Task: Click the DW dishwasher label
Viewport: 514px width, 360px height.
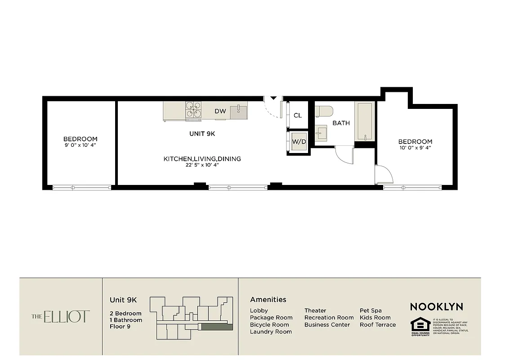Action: tap(220, 111)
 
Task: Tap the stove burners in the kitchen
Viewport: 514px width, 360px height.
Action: tap(193, 111)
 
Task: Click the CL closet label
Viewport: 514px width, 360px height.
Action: tap(298, 115)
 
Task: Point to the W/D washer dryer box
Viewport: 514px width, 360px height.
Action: tap(299, 141)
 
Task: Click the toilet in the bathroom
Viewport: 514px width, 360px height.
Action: tap(323, 111)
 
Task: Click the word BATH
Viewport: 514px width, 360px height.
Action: tap(341, 123)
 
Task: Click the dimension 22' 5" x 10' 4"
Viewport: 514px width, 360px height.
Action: tap(202, 166)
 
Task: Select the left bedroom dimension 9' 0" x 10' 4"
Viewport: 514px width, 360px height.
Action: tap(80, 145)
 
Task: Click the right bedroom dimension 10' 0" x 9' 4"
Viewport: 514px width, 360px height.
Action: tap(415, 148)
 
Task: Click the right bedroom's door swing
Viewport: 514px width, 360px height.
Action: tap(384, 175)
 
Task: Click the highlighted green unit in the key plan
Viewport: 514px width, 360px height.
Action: tap(217, 327)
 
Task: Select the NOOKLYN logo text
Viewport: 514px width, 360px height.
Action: tap(436, 307)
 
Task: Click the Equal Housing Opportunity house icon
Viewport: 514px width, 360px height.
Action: tap(420, 324)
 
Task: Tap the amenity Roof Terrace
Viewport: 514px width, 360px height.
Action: tap(378, 324)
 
